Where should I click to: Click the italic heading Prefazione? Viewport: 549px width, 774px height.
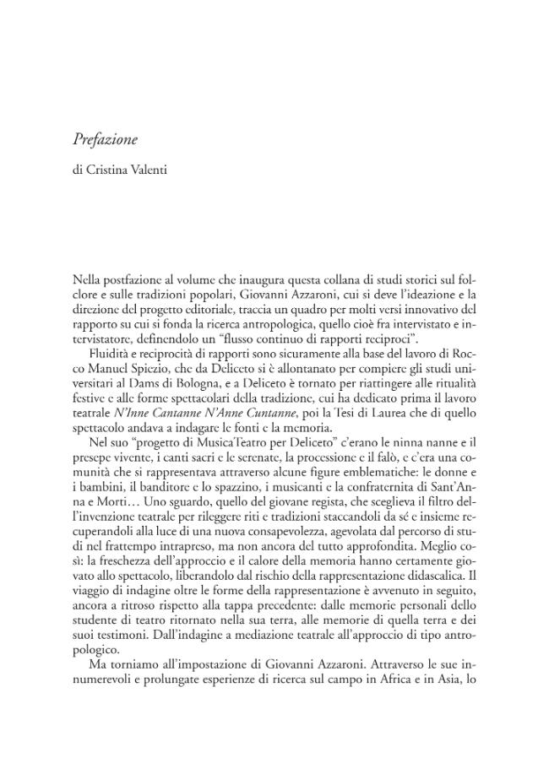pos(105,140)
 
